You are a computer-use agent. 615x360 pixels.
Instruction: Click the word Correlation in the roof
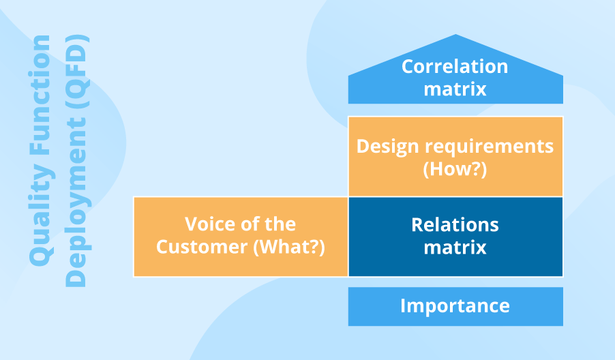[455, 66]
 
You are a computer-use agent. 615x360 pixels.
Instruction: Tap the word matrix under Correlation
[455, 89]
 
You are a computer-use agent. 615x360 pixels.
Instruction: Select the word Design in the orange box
[387, 147]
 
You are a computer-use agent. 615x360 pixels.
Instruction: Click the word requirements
[489, 147]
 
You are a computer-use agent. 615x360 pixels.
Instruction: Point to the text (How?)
[455, 169]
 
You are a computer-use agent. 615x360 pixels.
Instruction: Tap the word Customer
[202, 247]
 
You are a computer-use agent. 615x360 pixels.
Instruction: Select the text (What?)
[289, 247]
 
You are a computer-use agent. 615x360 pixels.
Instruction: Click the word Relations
[455, 225]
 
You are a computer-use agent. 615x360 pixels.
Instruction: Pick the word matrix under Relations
[455, 248]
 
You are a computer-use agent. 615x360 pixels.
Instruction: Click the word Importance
[455, 305]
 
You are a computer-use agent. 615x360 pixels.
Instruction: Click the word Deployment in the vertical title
[77, 201]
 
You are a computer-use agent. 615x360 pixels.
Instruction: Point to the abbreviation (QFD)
[77, 72]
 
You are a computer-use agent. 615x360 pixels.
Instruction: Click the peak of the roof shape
[455, 35]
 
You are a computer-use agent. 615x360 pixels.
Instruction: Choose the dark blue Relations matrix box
[455, 237]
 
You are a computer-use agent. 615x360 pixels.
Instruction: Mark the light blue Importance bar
[455, 306]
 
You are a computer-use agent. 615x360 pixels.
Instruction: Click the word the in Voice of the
[280, 224]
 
